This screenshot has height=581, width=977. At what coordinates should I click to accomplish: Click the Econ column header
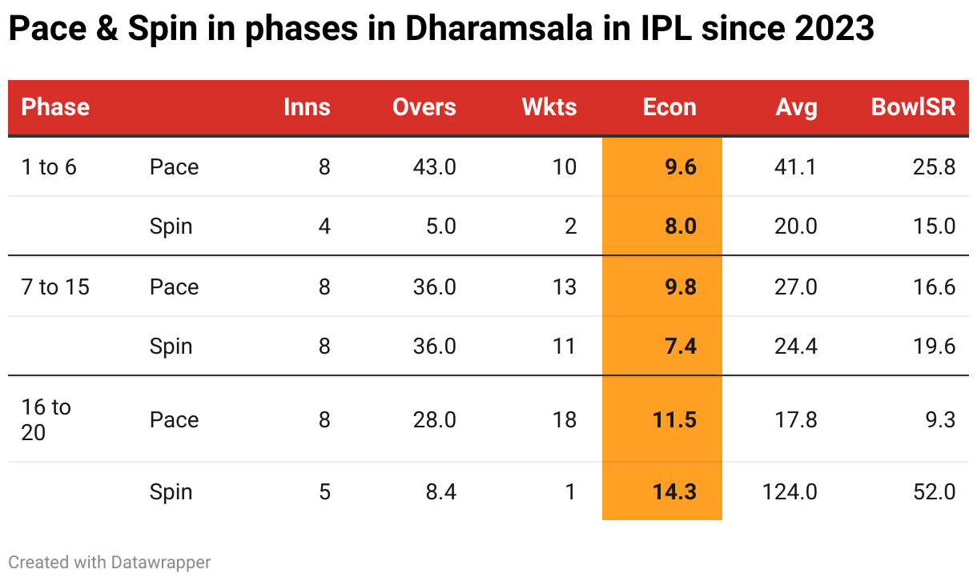coord(669,107)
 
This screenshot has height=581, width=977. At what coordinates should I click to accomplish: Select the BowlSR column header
coord(913,107)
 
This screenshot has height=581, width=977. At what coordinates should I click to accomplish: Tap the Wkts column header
coord(549,107)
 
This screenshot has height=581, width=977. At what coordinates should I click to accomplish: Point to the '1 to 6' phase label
coord(49,166)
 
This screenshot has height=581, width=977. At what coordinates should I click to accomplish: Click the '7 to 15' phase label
coord(55,286)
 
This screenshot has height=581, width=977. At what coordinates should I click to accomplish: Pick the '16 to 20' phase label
coord(46,419)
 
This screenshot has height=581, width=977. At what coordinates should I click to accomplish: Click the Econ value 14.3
coord(675,491)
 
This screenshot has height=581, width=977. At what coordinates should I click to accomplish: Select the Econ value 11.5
coord(675,419)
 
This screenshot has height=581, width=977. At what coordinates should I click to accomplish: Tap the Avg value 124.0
coord(790,491)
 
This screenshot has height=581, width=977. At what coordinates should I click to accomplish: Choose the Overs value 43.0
coord(435,166)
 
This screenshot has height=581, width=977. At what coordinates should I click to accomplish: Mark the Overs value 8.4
coord(441,491)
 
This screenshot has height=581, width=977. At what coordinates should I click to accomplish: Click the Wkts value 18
coord(565,419)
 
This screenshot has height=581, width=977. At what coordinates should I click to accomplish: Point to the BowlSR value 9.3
coord(939,419)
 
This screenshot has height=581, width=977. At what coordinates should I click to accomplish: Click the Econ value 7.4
coord(681,346)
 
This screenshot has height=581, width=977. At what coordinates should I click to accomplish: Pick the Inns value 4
coord(324,226)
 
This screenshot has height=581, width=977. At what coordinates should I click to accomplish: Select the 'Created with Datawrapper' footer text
coord(110,563)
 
